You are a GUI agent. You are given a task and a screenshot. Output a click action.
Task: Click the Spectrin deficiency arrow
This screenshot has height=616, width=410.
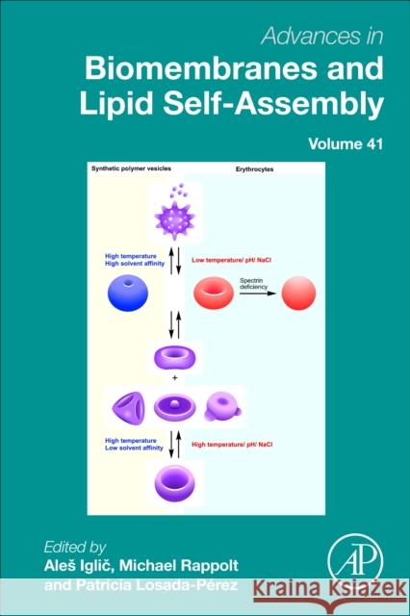(x=259, y=289)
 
